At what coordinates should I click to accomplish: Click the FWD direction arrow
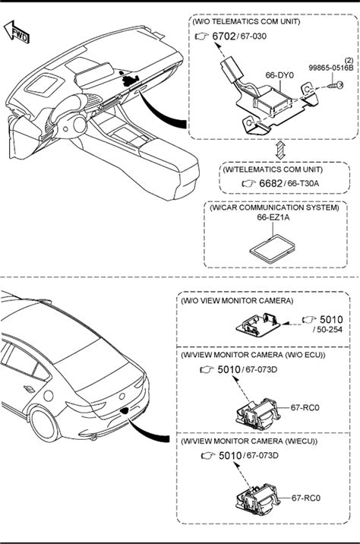[x=16, y=32]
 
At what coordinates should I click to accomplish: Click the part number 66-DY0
[x=279, y=75]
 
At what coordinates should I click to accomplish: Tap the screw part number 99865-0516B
[x=331, y=68]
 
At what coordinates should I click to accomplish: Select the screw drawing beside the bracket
[x=336, y=85]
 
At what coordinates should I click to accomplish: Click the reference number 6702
[x=224, y=36]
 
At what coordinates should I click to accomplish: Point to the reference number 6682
[x=270, y=184]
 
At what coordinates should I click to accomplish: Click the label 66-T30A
[x=303, y=184]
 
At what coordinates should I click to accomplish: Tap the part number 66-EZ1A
[x=273, y=217]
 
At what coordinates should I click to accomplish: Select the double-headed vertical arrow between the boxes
[x=280, y=150]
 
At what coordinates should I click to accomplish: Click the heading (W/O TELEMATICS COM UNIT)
[x=246, y=21]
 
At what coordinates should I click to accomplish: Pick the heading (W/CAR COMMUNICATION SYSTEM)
[x=274, y=207]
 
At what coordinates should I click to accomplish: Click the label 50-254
[x=329, y=330]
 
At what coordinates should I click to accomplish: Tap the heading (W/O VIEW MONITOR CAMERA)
[x=237, y=300]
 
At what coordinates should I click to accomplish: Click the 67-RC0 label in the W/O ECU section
[x=305, y=407]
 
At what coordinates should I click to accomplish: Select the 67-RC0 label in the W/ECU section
[x=305, y=498]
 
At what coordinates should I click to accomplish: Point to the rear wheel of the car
[x=44, y=425]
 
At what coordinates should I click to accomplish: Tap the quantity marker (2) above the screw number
[x=349, y=61]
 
